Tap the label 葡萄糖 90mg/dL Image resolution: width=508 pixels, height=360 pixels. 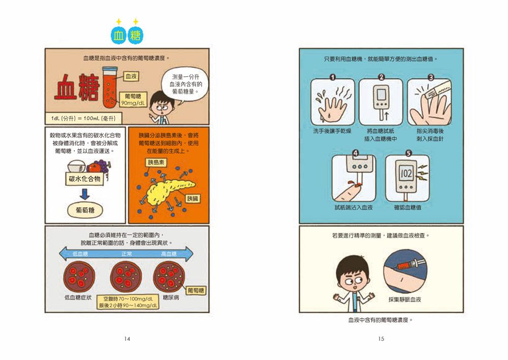tap(132, 100)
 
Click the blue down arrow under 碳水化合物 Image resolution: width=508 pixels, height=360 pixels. tap(85, 193)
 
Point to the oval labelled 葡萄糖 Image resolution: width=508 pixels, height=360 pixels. tap(85, 210)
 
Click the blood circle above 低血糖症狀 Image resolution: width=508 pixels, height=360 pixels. tap(78, 277)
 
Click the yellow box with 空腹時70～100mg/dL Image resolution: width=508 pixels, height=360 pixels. tap(129, 302)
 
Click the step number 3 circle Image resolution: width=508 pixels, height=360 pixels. tap(431, 78)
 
